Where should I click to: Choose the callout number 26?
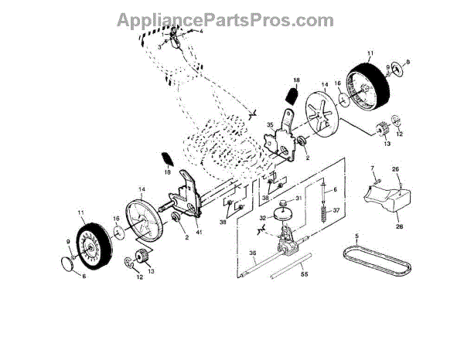click(395, 168)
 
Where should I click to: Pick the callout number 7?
click(371, 168)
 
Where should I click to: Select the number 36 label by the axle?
click(251, 253)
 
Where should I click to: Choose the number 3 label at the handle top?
click(159, 47)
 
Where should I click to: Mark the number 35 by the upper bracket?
click(271, 124)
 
